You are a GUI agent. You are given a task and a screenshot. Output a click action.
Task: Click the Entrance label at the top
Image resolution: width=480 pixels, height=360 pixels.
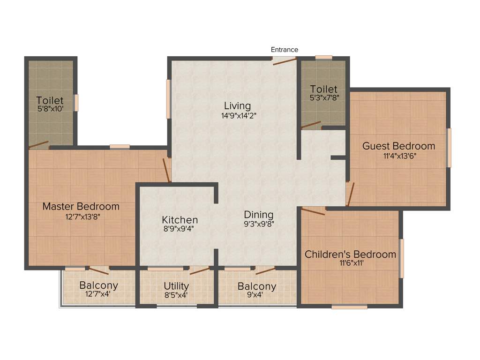285,50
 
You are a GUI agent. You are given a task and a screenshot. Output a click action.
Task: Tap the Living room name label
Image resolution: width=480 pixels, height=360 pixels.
237,106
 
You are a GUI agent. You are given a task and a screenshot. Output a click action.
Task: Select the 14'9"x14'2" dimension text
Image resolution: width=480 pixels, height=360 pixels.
239,115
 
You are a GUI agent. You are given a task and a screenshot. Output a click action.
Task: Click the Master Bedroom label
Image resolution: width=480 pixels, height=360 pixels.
81,206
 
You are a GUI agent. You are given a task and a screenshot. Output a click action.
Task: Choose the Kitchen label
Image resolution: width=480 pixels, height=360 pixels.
180,220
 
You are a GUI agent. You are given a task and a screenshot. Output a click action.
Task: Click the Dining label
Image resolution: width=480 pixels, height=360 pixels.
259,215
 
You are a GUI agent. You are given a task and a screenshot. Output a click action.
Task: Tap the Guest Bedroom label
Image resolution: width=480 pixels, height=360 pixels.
398,146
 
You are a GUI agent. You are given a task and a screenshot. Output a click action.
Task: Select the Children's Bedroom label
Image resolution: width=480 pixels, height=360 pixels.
351,255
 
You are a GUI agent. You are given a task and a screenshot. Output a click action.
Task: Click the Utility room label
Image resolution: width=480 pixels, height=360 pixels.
176,286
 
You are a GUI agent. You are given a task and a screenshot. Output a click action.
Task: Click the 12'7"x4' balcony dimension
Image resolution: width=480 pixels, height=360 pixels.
98,295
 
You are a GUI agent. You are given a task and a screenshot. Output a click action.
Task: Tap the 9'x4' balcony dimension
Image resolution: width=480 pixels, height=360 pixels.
256,295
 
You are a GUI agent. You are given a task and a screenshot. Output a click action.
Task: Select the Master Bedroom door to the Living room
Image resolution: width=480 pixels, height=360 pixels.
166,170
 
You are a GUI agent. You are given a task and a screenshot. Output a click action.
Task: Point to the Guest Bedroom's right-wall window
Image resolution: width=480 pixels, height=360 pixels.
449,148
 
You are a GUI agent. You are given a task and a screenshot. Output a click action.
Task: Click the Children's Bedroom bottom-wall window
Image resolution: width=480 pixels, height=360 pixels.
349,307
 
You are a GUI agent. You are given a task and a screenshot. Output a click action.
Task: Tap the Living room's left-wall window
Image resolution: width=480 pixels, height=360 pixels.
168,99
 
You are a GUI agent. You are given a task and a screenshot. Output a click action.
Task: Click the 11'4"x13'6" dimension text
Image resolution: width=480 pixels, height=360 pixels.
398,156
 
